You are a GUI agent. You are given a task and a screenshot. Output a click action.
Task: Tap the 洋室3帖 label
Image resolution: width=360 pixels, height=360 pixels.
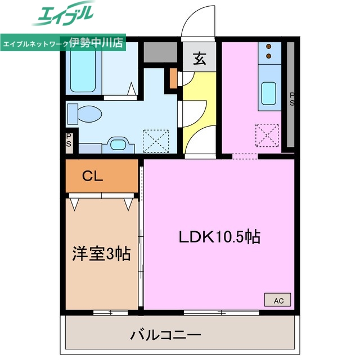click(x=102, y=254)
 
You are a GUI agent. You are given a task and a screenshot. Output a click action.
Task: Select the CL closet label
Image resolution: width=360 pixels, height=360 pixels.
click(x=93, y=176)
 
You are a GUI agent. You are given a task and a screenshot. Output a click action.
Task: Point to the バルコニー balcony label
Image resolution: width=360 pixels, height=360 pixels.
click(x=166, y=336)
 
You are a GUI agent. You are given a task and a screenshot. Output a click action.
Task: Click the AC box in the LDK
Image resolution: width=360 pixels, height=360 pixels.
click(x=278, y=300)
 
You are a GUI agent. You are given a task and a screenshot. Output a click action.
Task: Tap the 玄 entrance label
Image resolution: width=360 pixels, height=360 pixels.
click(x=199, y=58)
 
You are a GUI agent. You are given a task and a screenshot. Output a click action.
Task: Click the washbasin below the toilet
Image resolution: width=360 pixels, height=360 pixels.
click(x=119, y=145)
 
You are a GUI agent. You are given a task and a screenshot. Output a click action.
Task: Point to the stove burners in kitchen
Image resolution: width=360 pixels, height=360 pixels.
click(x=269, y=51)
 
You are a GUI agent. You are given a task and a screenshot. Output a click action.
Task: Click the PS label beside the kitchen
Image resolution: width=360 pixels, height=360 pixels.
click(x=292, y=99)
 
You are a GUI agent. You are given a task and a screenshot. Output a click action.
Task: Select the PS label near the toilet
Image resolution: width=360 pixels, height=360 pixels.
click(x=69, y=139)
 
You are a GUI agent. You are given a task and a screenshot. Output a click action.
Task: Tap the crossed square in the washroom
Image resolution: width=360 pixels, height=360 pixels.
click(x=156, y=139)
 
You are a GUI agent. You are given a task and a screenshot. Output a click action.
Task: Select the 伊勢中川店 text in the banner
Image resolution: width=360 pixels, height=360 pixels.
click(x=97, y=43)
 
